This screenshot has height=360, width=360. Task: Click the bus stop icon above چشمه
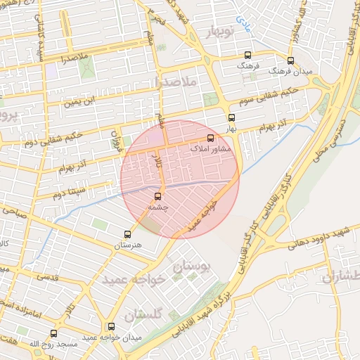pos(157,196)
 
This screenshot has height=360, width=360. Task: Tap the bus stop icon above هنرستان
pos(127,233)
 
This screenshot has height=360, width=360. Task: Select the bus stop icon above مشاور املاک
pos(210,138)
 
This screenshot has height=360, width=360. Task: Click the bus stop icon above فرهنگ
pos(247,54)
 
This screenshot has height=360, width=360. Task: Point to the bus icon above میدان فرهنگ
pos(291,60)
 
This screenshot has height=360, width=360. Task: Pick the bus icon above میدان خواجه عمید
pos(111,326)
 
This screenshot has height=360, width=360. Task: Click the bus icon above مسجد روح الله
pos(53,333)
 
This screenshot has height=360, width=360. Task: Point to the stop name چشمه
pos(157,207)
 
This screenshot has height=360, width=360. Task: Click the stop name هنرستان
pos(127,245)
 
